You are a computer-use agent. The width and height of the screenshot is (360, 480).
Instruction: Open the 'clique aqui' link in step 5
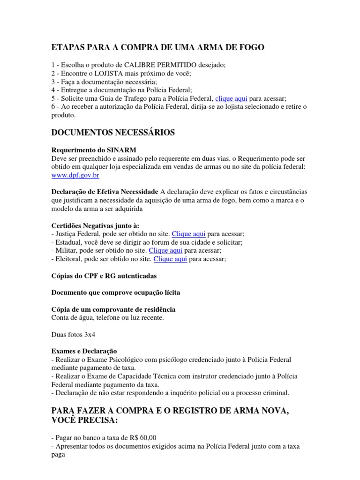coord(231,98)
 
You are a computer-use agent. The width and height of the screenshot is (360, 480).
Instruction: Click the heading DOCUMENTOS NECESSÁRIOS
coord(112,133)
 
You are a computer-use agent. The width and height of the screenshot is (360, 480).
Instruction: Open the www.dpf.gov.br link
coord(75,175)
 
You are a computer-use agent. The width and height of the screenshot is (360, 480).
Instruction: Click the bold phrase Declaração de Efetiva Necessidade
coord(105,192)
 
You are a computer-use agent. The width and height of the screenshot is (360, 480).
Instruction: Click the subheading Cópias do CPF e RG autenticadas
coord(104,276)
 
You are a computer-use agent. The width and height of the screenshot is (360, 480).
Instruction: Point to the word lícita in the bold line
coord(170,292)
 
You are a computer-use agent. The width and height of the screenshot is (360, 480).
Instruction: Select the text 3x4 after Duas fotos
coord(90,335)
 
